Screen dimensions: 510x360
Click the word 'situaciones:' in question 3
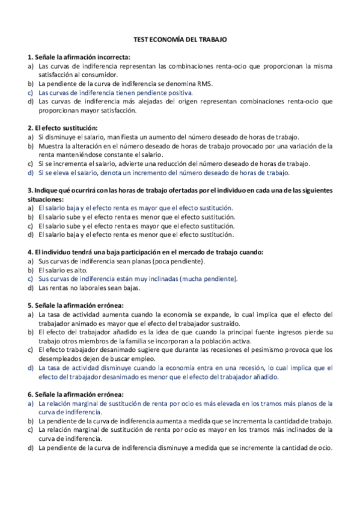(46, 199)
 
